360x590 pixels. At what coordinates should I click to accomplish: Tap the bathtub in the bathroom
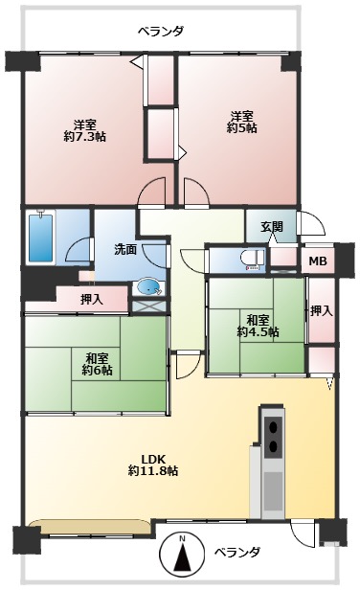point(41,237)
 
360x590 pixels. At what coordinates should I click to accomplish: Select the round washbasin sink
point(150,287)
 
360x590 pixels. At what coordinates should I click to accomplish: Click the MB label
point(318,261)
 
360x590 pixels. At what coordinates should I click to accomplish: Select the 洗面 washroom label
point(125,250)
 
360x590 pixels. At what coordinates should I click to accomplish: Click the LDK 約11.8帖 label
point(153,465)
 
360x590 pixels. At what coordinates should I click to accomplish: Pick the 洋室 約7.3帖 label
point(84,130)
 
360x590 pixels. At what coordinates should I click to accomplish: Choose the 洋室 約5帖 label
point(242,122)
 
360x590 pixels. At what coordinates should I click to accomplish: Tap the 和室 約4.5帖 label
point(258,327)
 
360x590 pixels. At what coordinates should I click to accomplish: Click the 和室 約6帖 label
point(98,364)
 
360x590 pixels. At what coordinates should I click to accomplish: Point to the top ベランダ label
point(161,31)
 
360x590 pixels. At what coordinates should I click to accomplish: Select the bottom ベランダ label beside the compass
point(237,553)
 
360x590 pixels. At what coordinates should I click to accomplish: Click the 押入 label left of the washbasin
point(91,300)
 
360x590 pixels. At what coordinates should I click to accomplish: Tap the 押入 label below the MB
point(322,310)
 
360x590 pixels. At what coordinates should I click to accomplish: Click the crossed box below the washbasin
point(149,306)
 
